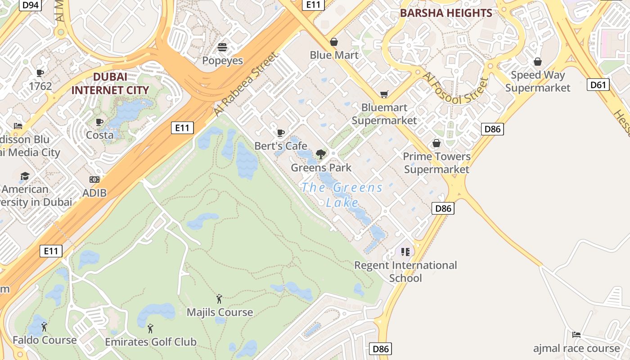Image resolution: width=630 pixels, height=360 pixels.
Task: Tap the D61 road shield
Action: pyautogui.click(x=598, y=85)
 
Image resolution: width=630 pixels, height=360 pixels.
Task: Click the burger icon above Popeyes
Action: pyautogui.click(x=222, y=47)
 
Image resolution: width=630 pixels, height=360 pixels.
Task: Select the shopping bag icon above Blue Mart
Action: pyautogui.click(x=334, y=42)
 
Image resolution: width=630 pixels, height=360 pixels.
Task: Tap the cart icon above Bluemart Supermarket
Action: pyautogui.click(x=384, y=94)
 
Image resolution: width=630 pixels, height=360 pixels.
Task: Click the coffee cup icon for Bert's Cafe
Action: pyautogui.click(x=280, y=133)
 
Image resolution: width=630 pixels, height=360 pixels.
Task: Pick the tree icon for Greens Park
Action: pyautogui.click(x=321, y=154)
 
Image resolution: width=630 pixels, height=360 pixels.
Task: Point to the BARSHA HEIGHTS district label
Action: pyautogui.click(x=446, y=13)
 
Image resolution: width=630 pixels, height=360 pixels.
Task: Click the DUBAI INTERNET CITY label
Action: pyautogui.click(x=110, y=83)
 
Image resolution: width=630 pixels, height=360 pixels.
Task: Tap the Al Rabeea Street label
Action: pyautogui.click(x=246, y=84)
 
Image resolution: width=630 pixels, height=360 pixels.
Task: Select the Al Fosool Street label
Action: pyautogui.click(x=455, y=90)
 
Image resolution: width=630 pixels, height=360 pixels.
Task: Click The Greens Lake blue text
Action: pyautogui.click(x=342, y=194)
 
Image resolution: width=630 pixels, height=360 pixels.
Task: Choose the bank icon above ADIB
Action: pyautogui.click(x=94, y=180)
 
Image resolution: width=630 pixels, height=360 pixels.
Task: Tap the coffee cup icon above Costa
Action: pyautogui.click(x=99, y=122)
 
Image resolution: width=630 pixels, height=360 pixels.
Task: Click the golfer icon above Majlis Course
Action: pyautogui.click(x=219, y=298)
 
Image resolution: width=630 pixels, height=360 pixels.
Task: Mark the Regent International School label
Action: pyautogui.click(x=405, y=271)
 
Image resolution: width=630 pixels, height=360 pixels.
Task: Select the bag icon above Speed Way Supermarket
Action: pyautogui.click(x=537, y=62)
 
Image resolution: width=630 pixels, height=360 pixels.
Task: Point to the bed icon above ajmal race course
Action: pyautogui.click(x=576, y=334)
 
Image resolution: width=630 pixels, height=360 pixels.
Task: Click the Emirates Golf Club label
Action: pyautogui.click(x=151, y=342)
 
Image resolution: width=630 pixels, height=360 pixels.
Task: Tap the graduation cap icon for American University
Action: pyautogui.click(x=25, y=176)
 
